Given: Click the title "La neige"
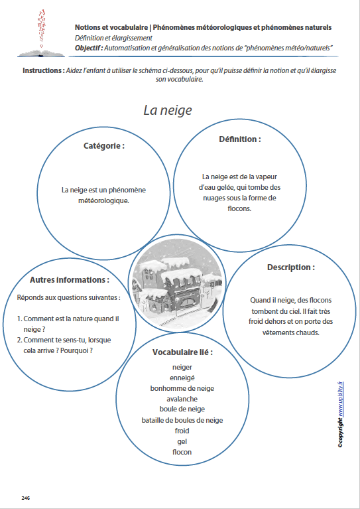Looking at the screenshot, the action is (x=168, y=110).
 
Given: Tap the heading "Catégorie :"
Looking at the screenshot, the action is (x=104, y=145).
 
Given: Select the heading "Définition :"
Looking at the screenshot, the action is (x=239, y=139).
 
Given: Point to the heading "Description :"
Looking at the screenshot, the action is (x=290, y=267).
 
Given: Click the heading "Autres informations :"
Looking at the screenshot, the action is (x=69, y=279).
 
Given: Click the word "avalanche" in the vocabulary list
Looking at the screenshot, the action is (x=182, y=399).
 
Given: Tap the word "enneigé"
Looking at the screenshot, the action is (x=182, y=377).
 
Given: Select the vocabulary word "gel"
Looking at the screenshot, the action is (x=182, y=441).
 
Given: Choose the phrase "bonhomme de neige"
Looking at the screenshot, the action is (x=182, y=388).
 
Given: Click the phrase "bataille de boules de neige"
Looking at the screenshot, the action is (x=182, y=420).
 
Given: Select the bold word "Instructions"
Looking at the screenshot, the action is (x=43, y=70).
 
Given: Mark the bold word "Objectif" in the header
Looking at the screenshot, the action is (x=89, y=48).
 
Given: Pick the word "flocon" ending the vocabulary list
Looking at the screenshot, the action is (x=182, y=452).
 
